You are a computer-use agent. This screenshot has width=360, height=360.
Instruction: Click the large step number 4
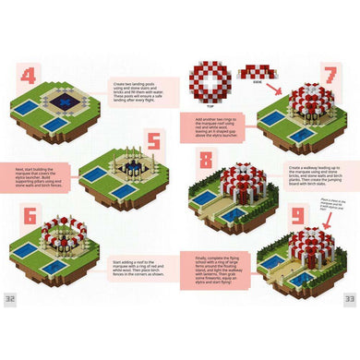coord(30,77)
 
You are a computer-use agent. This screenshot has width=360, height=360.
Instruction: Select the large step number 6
coord(30,218)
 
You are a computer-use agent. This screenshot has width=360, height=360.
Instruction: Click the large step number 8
coord(204,159)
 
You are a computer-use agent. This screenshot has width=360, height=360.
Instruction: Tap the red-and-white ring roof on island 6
coord(64,231)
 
